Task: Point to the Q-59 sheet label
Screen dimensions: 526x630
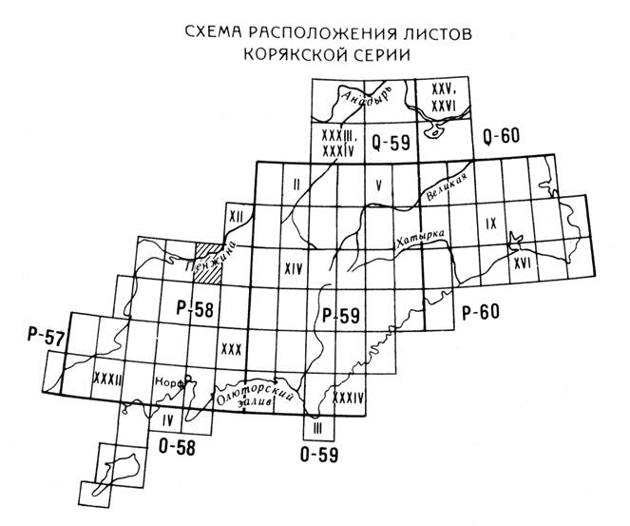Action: (390, 145)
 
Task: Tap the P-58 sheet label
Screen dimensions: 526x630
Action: (195, 307)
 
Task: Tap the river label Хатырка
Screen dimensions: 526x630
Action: (419, 241)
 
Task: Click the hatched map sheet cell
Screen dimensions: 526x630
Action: (208, 260)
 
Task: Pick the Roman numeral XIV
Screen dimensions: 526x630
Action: (294, 269)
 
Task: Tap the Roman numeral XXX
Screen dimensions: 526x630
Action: (231, 347)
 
